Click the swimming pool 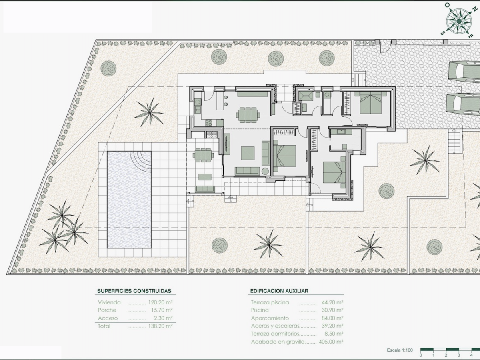129,200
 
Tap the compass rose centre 459,21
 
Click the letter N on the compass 474,9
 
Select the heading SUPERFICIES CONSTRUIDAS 134,291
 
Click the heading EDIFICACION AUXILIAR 279,291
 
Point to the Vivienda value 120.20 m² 160,302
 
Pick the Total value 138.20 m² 160,326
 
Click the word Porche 107,310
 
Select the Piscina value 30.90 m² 332,310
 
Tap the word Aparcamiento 270,318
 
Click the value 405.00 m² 331,342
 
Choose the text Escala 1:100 400,350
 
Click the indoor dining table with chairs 248,115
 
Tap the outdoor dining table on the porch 203,155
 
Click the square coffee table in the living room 248,153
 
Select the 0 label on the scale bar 421,355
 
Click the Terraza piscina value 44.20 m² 332,302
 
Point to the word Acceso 108,318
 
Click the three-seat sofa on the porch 205,189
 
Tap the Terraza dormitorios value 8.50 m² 334,334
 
